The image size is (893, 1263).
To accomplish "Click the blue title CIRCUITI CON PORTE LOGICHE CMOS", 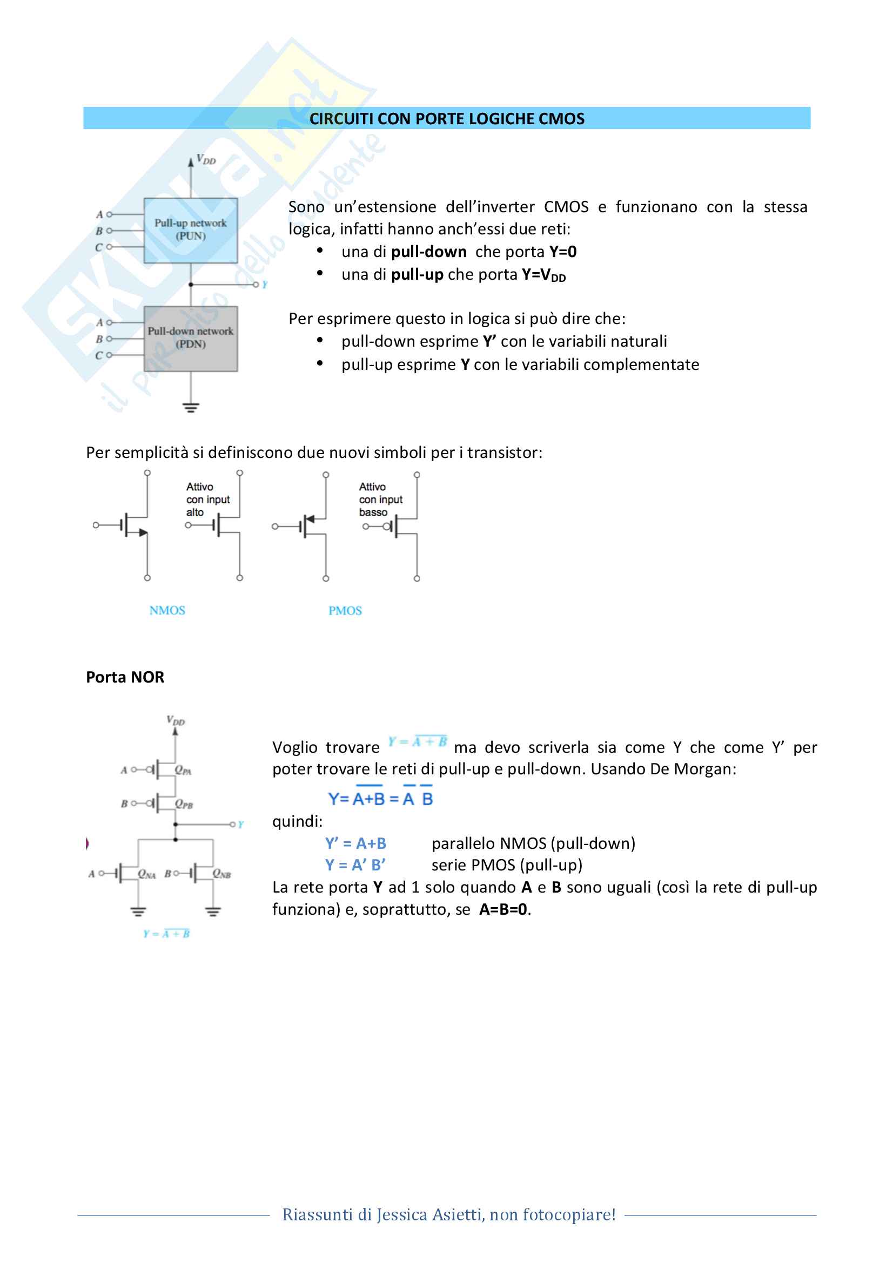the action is pyautogui.click(x=447, y=119).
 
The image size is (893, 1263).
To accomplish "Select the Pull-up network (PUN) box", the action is pyautogui.click(x=191, y=231).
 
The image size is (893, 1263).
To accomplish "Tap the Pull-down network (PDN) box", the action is pyautogui.click(x=191, y=339).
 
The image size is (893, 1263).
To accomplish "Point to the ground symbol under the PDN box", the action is pyautogui.click(x=191, y=408).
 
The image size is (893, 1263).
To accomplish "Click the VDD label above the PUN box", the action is pyautogui.click(x=206, y=160).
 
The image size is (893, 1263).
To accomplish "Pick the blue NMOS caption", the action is pyautogui.click(x=167, y=611).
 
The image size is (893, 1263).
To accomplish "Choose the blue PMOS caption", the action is pyautogui.click(x=345, y=611).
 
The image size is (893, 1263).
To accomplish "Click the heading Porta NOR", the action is pyautogui.click(x=125, y=677).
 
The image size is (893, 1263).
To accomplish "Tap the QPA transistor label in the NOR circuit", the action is pyautogui.click(x=183, y=770).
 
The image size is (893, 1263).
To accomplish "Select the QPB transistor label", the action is pyautogui.click(x=184, y=804).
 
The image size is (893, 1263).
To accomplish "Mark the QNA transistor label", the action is pyautogui.click(x=147, y=874).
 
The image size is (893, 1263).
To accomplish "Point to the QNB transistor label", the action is pyautogui.click(x=221, y=874).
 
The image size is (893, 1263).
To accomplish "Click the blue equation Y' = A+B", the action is pyautogui.click(x=355, y=843).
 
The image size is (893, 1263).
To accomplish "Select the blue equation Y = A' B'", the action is pyautogui.click(x=355, y=864).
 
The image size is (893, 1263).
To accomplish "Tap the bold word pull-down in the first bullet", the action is pyautogui.click(x=428, y=252).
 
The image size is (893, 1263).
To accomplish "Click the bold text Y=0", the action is pyautogui.click(x=563, y=252).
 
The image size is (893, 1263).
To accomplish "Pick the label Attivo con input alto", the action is pyautogui.click(x=208, y=499).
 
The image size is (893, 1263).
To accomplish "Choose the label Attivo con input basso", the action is pyautogui.click(x=381, y=499).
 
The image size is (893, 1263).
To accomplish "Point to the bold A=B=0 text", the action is pyautogui.click(x=503, y=909).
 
